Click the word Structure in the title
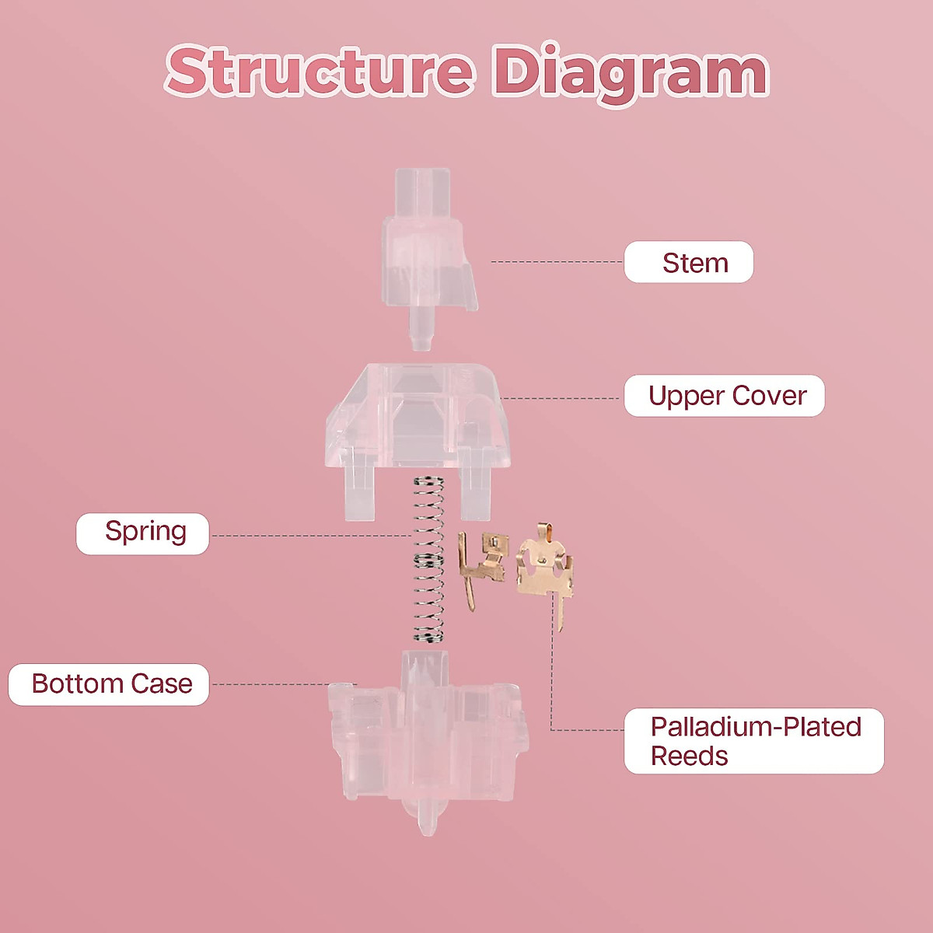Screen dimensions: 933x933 (319, 72)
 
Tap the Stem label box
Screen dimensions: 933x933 (689, 262)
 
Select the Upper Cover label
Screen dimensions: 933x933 (724, 396)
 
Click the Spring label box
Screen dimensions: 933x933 (143, 533)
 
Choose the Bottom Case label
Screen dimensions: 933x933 (110, 684)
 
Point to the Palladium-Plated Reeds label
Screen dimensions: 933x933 (753, 741)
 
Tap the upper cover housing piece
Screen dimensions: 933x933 (418, 420)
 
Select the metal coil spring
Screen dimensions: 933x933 (428, 560)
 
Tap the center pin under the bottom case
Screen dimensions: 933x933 (426, 816)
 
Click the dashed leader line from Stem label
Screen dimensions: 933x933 (556, 262)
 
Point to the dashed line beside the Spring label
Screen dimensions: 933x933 (311, 536)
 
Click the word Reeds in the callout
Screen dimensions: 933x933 (689, 757)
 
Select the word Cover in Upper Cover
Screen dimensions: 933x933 (769, 396)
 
